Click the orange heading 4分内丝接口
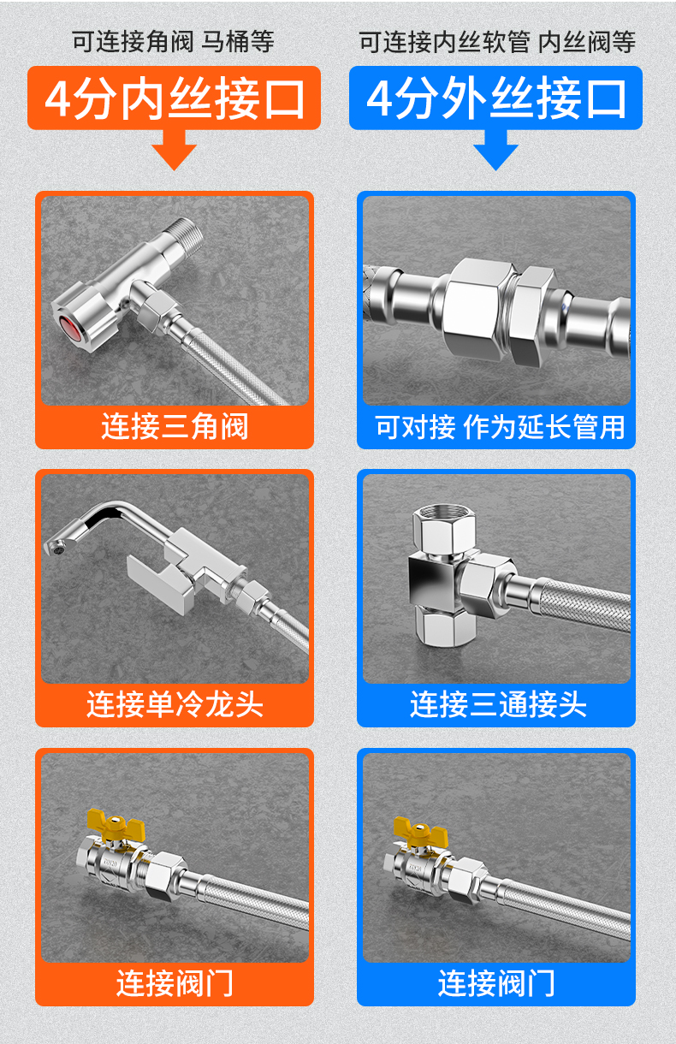click(175, 98)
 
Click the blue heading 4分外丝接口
click(496, 98)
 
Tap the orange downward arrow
click(174, 150)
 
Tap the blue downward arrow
click(495, 150)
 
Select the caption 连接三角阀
click(175, 426)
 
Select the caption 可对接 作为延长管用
click(500, 426)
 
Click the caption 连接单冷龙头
click(175, 704)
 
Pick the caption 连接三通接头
click(498, 704)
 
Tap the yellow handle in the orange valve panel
click(116, 824)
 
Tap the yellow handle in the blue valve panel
click(420, 832)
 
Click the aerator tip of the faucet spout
click(55, 549)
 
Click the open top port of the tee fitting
click(443, 515)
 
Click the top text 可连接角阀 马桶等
click(173, 42)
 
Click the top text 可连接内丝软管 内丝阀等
click(497, 43)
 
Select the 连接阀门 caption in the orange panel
click(175, 983)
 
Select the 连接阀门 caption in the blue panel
click(496, 983)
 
